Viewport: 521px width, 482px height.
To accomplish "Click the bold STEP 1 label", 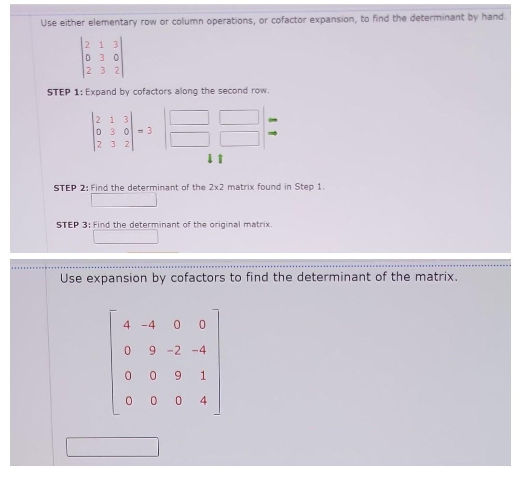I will (65, 92).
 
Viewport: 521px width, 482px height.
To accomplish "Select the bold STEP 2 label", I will (71, 188).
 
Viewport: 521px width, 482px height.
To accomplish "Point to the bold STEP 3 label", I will (73, 225).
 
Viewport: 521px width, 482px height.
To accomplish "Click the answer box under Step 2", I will (124, 200).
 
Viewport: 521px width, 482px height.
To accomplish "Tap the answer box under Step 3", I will (125, 237).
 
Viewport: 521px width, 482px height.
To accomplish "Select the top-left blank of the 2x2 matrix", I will (189, 117).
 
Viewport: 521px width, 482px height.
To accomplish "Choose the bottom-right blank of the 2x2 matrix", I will (239, 139).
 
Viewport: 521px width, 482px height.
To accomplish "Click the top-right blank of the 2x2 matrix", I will (239, 117).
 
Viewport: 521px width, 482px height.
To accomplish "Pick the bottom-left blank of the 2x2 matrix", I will (189, 139).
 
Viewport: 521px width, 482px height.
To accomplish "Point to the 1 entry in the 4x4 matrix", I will (203, 375).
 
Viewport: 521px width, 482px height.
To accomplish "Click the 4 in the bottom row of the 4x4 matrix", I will (203, 401).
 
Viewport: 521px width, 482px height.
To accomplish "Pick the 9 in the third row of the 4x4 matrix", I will (177, 375).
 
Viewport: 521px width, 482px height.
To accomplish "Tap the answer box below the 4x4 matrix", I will (112, 447).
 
